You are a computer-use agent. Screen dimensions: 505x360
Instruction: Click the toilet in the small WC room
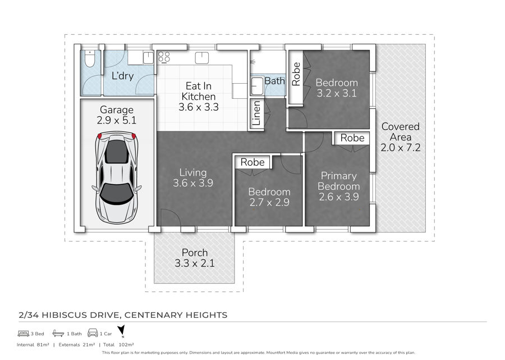tap(90, 58)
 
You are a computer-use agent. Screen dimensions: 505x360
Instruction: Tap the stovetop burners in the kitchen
tap(164, 57)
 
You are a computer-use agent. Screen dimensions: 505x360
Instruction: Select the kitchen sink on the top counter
tap(202, 58)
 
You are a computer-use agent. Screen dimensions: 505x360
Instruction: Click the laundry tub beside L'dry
tap(148, 58)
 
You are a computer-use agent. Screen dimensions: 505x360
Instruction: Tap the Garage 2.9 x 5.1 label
tap(117, 115)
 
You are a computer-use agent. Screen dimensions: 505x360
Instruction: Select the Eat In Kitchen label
tap(199, 97)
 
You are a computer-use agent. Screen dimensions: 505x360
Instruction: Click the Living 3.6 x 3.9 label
tap(193, 177)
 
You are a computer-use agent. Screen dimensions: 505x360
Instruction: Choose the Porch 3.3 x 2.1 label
tap(195, 258)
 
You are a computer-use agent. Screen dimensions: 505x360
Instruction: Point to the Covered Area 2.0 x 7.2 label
tap(400, 137)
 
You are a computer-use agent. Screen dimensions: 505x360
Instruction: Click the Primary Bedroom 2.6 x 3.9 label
tap(338, 186)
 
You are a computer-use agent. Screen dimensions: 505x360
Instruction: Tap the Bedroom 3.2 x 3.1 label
tap(337, 88)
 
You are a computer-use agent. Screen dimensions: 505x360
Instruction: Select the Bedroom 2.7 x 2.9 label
tap(269, 197)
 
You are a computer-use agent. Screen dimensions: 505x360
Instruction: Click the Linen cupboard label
tap(256, 113)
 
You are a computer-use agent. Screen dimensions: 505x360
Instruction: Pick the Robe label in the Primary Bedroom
tap(352, 138)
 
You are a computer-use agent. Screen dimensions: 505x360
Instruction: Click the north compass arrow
tap(121, 331)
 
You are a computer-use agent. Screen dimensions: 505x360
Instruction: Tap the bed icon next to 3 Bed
tap(24, 333)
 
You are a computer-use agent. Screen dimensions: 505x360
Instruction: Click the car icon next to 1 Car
tap(93, 333)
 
